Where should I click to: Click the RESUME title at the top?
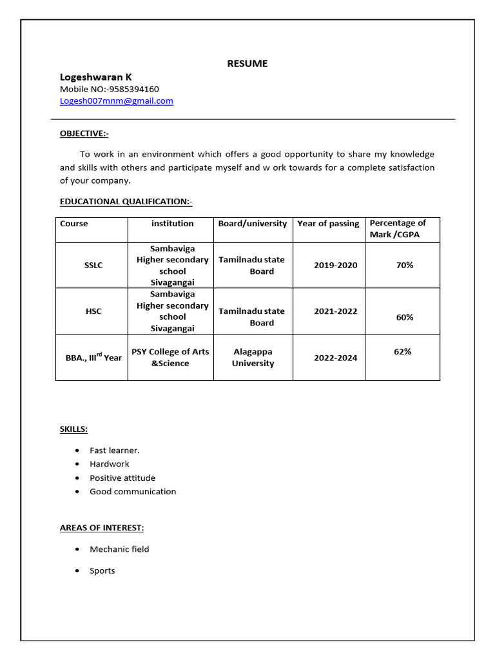247,63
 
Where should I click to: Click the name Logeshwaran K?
96,77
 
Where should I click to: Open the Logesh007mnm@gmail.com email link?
117,101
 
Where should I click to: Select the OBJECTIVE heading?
84,133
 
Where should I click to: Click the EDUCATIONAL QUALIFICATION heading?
126,202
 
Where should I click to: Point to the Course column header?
74,224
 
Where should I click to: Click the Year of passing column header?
328,224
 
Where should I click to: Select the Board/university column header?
253,224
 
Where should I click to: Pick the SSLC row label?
93,265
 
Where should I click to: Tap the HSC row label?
93,311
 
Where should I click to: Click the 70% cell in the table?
405,265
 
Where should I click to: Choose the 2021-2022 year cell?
335,311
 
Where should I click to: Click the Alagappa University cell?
253,358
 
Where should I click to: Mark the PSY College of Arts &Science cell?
170,358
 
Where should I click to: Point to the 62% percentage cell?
403,352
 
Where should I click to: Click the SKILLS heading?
74,429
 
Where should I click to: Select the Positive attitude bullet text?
122,478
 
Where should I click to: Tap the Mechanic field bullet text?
119,549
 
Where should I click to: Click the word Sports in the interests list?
102,570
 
